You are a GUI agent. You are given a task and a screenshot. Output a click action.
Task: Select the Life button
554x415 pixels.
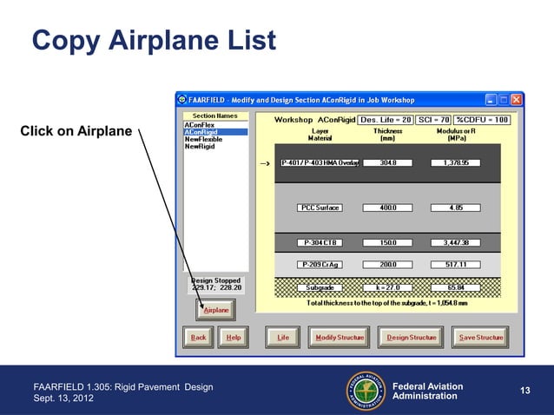(283, 337)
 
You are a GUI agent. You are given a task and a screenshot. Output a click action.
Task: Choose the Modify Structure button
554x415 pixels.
(340, 337)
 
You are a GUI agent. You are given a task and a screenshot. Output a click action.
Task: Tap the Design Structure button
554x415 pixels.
(411, 337)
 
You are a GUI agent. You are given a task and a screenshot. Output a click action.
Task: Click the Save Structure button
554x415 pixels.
(480, 337)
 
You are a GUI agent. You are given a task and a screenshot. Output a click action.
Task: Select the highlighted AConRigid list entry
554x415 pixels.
(215, 132)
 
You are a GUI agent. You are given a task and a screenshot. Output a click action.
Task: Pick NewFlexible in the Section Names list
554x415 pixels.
(206, 139)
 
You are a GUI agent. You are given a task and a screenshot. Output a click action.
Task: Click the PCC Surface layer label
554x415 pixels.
(320, 207)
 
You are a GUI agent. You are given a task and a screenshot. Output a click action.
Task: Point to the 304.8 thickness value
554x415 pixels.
(383, 162)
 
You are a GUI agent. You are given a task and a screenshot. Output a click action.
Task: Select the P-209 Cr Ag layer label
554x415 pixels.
(320, 264)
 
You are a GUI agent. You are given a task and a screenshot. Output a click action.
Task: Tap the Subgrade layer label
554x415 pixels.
(320, 287)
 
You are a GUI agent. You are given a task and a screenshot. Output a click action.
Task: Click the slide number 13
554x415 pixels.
(524, 392)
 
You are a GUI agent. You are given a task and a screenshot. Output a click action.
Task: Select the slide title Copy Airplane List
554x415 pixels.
(154, 40)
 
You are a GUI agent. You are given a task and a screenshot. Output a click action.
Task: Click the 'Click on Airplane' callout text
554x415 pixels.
(76, 132)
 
